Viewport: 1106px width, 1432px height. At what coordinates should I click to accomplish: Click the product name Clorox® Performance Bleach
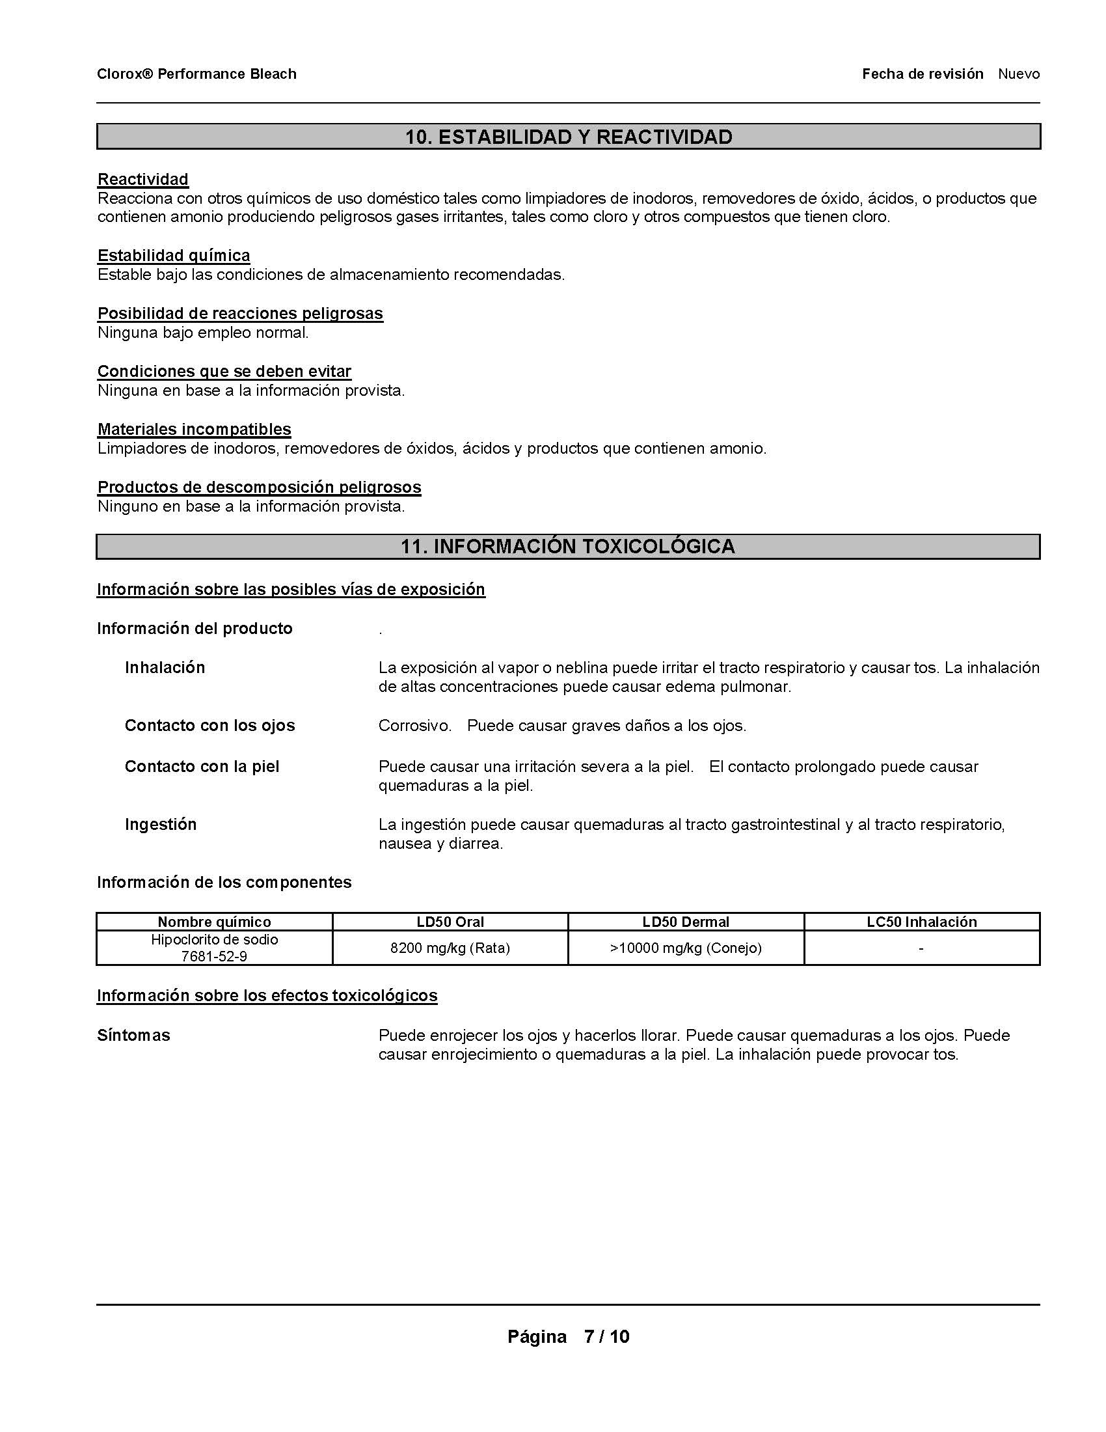coord(196,74)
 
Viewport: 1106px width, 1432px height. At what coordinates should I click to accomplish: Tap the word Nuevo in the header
coord(1018,74)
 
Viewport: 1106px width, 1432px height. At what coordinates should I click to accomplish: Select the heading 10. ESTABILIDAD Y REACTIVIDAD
coord(568,137)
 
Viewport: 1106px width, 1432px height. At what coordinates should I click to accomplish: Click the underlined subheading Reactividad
coord(143,179)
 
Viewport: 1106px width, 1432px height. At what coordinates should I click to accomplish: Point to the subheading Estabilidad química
coord(174,255)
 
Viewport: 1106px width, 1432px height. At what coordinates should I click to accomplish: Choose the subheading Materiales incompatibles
coord(194,429)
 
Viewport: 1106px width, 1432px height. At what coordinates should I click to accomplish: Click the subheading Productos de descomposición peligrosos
coord(259,487)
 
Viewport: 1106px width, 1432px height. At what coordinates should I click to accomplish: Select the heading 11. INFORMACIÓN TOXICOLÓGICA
coord(568,546)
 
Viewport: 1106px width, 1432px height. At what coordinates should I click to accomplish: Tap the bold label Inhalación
coord(165,667)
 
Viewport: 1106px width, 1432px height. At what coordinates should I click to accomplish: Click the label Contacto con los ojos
coord(209,725)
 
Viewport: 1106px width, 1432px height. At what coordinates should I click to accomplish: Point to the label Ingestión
coord(161,824)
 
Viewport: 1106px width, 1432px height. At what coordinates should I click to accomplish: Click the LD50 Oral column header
coord(450,922)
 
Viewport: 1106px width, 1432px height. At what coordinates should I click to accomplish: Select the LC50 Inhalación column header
coord(921,922)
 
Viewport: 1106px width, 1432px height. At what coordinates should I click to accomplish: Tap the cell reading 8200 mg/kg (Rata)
coord(450,948)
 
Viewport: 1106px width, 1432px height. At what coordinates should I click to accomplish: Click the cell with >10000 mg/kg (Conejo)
coord(685,948)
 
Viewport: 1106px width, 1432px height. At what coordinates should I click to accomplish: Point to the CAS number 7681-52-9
coord(214,957)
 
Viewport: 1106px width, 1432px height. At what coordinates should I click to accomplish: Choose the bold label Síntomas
coord(133,1036)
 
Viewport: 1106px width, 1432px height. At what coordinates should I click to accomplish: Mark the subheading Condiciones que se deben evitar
coord(224,371)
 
